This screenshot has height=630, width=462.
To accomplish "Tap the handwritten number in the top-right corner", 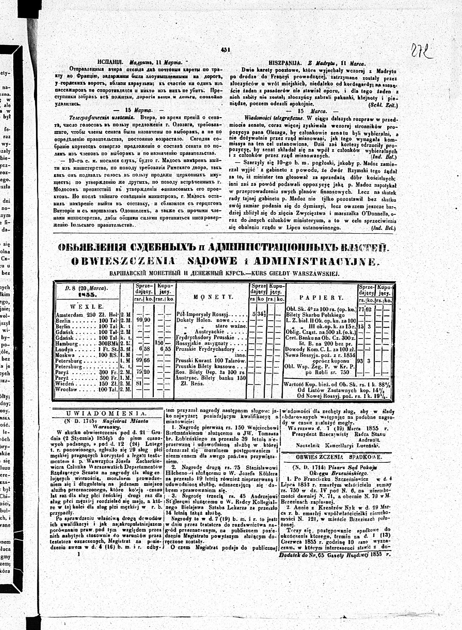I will [x=422, y=51].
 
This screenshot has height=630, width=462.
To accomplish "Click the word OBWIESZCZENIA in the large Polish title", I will [x=124, y=261].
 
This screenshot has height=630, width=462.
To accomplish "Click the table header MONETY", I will [x=213, y=297].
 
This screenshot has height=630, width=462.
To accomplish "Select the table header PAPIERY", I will [x=321, y=298].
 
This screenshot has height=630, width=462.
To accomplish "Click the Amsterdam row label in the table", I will [x=68, y=315].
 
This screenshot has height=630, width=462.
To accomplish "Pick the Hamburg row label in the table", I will [x=66, y=343].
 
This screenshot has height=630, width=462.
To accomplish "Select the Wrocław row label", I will [x=66, y=389].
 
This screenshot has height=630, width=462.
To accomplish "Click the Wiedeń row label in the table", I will [x=65, y=384].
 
